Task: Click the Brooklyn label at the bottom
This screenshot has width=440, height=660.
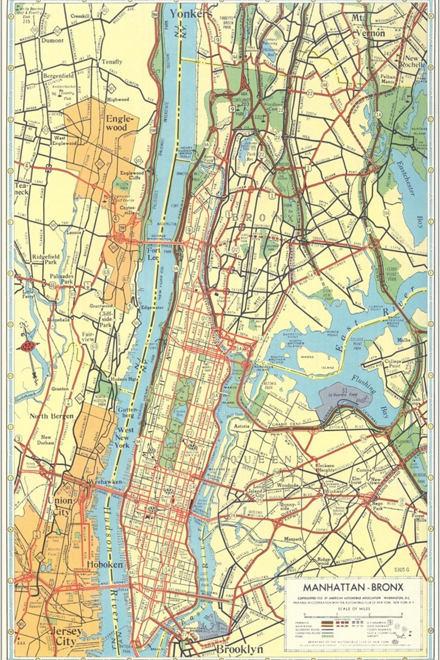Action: click(239, 649)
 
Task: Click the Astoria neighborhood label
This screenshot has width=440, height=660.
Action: click(242, 426)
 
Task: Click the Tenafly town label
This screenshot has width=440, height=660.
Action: click(112, 62)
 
